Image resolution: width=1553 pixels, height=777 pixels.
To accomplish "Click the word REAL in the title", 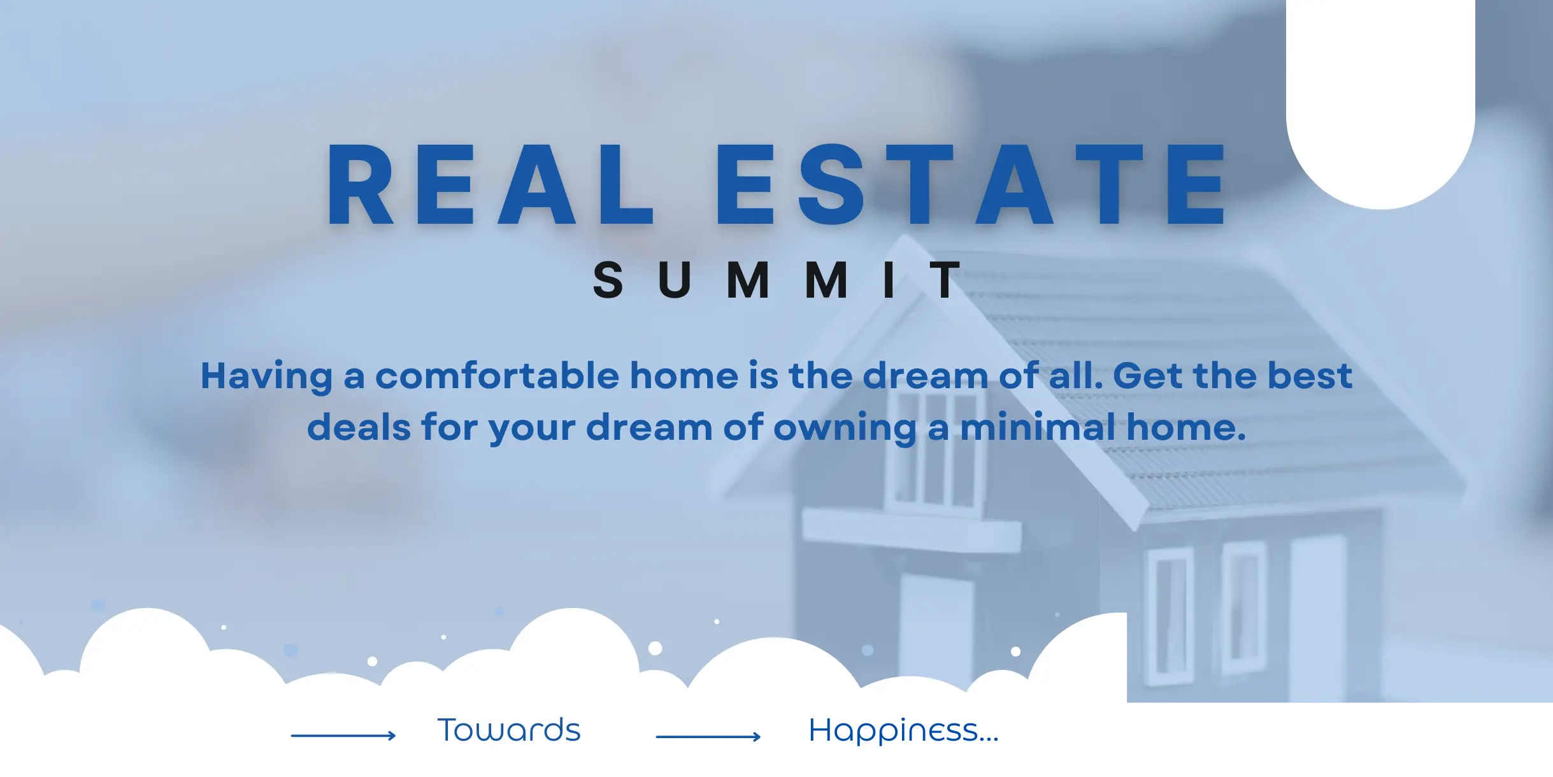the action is (x=490, y=184).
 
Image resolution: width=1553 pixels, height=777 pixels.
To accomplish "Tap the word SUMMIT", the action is (x=776, y=280).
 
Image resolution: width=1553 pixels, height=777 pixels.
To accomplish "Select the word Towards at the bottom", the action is (x=509, y=730).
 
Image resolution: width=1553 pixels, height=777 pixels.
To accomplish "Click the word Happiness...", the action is (x=903, y=731).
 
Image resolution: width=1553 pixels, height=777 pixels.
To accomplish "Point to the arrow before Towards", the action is (x=343, y=736).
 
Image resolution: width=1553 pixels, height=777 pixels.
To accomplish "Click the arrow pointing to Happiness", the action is (x=708, y=737).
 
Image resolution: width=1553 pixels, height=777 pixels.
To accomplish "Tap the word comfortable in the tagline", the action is (x=497, y=375).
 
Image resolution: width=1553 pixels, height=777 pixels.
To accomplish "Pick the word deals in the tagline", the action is (x=359, y=427).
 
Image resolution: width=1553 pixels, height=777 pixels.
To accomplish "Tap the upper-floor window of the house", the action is (x=935, y=449).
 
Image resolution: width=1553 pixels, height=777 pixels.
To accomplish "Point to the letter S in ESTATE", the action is (x=831, y=184).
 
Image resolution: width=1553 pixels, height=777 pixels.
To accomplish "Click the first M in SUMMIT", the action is (x=748, y=280).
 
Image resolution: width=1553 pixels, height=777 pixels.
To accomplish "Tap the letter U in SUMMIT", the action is (x=675, y=280).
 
